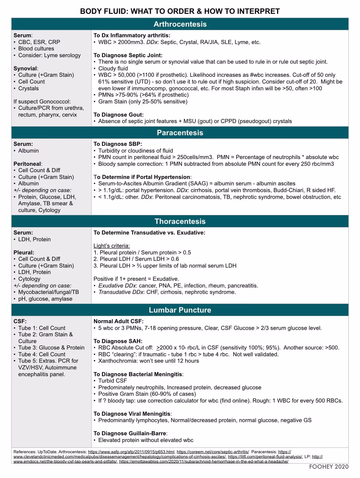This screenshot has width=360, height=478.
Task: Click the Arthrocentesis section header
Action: (180, 24)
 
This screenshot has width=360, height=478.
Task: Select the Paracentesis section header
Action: (180, 133)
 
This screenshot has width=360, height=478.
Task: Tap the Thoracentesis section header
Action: (180, 221)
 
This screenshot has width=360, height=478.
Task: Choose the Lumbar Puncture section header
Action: (180, 310)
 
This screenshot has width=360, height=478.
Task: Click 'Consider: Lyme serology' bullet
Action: (49, 55)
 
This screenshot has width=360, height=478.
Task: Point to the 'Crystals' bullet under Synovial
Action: (28, 88)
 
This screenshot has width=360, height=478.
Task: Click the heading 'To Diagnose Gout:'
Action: (118, 115)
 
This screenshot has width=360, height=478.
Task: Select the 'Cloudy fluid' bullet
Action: (113, 68)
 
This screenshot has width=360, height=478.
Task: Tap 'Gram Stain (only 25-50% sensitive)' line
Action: (143, 102)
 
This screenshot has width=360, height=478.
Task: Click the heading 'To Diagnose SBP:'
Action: (118, 144)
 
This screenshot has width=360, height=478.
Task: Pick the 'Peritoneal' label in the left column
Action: (28, 164)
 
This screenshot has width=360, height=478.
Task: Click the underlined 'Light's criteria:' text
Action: (112, 246)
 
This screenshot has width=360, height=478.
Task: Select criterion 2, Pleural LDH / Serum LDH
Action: (136, 259)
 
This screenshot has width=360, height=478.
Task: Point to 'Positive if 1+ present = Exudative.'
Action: (136, 279)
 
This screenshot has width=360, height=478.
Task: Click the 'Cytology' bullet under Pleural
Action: (29, 279)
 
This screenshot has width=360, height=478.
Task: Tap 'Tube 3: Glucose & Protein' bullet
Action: (51, 348)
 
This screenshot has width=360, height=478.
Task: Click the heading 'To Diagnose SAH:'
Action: (118, 341)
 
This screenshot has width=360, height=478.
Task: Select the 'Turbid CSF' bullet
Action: (113, 381)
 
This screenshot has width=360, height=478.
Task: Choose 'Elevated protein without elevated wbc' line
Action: (146, 440)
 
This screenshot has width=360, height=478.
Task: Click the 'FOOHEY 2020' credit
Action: (328, 467)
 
